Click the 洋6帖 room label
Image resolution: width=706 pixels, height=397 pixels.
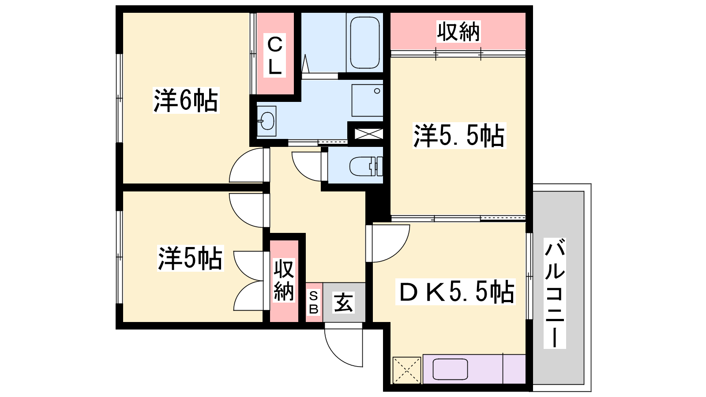pyautogui.click(x=186, y=101)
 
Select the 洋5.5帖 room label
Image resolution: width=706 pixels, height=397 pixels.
pyautogui.click(x=459, y=135)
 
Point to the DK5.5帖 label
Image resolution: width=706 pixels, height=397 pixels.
pyautogui.click(x=455, y=292)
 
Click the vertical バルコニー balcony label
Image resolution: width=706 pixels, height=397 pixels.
pyautogui.click(x=555, y=293)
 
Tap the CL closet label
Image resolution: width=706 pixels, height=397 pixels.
pyautogui.click(x=274, y=56)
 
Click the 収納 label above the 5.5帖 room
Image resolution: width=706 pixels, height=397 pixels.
pyautogui.click(x=458, y=31)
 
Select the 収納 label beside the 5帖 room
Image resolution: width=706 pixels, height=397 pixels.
pyautogui.click(x=284, y=281)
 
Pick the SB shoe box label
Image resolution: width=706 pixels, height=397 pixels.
pyautogui.click(x=314, y=303)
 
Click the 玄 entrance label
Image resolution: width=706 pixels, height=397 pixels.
pyautogui.click(x=343, y=303)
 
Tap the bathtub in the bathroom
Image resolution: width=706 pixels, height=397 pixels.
pyautogui.click(x=364, y=42)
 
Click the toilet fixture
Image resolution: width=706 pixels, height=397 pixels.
pyautogui.click(x=366, y=166)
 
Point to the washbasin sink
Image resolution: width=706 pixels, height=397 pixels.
pyautogui.click(x=267, y=121)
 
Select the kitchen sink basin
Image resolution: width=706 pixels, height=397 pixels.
pyautogui.click(x=450, y=369)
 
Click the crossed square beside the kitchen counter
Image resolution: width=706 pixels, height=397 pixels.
pyautogui.click(x=406, y=370)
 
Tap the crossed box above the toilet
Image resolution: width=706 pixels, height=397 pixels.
pyautogui.click(x=369, y=134)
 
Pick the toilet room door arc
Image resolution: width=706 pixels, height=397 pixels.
pyautogui.click(x=300, y=172)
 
